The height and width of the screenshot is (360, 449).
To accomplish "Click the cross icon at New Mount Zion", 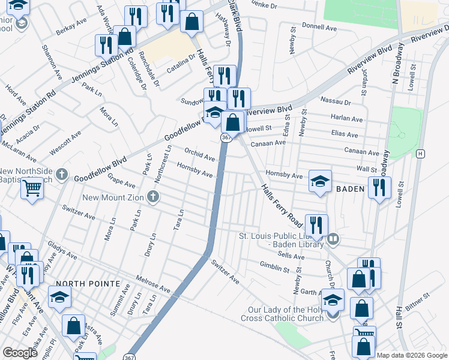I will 153,197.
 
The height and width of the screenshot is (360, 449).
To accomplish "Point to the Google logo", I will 20,353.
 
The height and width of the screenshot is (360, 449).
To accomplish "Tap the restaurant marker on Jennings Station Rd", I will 106,46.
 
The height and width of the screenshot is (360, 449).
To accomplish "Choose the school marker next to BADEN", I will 321,181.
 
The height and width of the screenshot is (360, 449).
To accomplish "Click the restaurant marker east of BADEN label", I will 379,188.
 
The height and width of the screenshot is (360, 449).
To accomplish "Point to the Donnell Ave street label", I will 319,27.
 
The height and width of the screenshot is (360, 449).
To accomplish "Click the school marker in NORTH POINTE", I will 59,297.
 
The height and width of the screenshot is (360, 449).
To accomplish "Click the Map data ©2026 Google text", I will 412,355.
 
